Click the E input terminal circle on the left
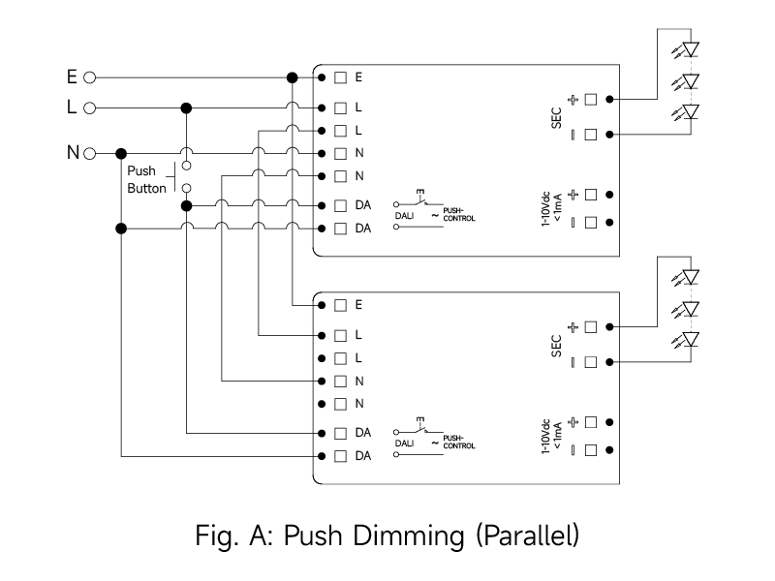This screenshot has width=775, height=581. pyautogui.click(x=90, y=76)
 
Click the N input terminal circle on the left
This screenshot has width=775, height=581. pyautogui.click(x=90, y=153)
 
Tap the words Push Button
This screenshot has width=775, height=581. pyautogui.click(x=146, y=180)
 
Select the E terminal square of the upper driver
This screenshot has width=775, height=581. pyautogui.click(x=341, y=76)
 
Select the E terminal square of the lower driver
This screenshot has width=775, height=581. pyautogui.click(x=341, y=304)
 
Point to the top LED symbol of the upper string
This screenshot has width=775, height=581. pyautogui.click(x=690, y=48)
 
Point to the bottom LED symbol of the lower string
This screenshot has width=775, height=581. pyautogui.click(x=690, y=339)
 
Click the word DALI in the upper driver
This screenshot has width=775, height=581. pyautogui.click(x=406, y=216)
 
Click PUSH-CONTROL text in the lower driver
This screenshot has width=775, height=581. pyautogui.click(x=459, y=443)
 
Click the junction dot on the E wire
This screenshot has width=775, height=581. pyautogui.click(x=292, y=76)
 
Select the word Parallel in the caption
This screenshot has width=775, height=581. pyautogui.click(x=528, y=534)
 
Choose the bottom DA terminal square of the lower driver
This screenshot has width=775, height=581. pyautogui.click(x=341, y=455)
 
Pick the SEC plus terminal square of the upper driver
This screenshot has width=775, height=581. pyautogui.click(x=590, y=99)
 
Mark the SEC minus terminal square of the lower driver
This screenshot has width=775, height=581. pyautogui.click(x=590, y=361)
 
